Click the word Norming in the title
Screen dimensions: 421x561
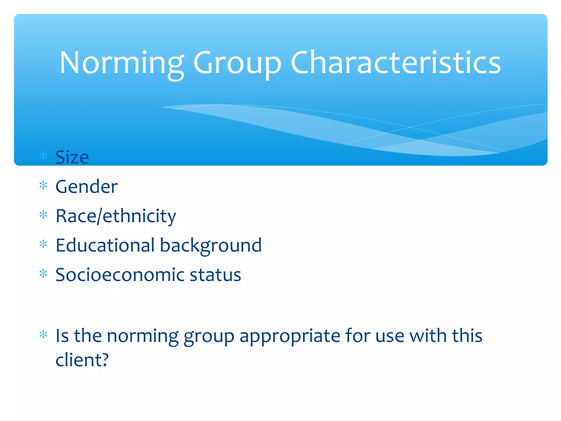coord(122,63)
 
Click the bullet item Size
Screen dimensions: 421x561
coord(72,157)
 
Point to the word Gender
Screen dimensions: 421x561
coord(87,187)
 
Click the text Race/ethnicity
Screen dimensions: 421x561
coord(116,216)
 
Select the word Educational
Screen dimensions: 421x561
coord(105,245)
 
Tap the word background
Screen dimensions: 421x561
coord(211,246)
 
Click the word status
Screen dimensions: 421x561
coord(215,275)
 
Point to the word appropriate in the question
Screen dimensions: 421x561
coord(290,336)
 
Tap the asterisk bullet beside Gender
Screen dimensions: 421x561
coord(43,186)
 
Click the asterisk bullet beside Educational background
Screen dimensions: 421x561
coord(43,244)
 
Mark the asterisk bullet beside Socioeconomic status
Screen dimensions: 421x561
coord(43,273)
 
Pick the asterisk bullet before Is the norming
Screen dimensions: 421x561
coord(43,334)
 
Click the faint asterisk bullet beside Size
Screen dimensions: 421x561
coord(43,156)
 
